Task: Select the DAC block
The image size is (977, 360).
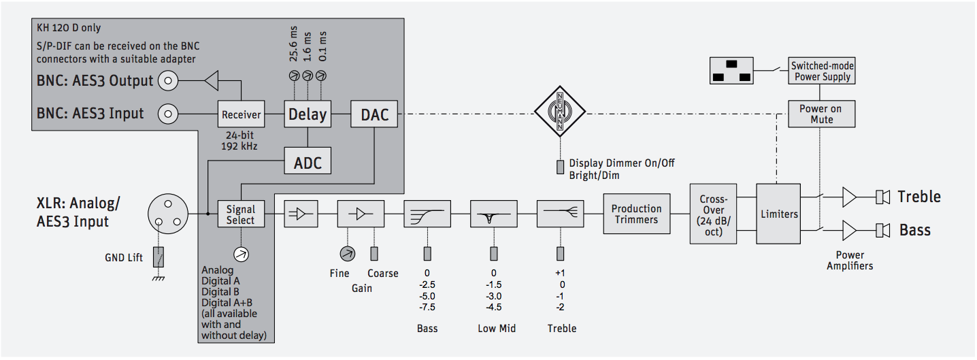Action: pos(374,114)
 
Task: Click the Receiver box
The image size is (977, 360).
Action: pos(242,114)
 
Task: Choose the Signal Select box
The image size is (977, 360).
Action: pos(240,214)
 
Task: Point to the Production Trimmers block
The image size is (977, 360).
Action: pos(636,214)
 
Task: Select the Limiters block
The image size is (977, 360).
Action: pos(779,214)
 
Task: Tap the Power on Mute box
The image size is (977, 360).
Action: pos(821,114)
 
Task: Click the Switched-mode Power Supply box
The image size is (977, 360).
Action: pos(821,71)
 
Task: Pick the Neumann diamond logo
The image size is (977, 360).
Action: pos(561,113)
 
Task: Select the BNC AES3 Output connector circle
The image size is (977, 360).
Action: pos(167,82)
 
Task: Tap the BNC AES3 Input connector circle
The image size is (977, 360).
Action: pos(167,114)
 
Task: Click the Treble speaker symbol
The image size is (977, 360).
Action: pos(883,197)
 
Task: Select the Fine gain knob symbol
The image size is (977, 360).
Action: pos(347,254)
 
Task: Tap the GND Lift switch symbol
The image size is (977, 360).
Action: pos(159,258)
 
